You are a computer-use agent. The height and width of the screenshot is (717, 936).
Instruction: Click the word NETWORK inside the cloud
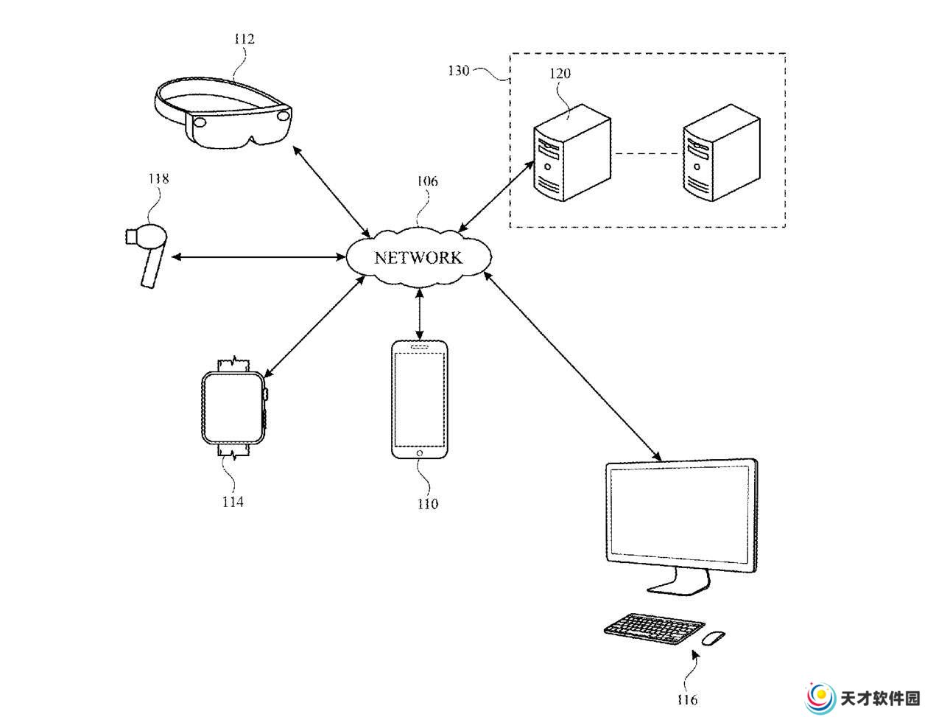418,258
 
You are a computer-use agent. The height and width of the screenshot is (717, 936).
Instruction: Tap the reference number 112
244,39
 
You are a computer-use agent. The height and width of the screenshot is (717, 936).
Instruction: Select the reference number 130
458,71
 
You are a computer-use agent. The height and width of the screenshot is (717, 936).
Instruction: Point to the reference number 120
560,74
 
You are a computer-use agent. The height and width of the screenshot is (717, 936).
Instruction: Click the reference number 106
427,181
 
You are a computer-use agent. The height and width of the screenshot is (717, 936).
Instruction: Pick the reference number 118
158,179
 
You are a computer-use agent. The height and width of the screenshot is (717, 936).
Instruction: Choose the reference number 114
233,502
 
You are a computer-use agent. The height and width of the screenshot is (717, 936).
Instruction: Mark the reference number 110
427,504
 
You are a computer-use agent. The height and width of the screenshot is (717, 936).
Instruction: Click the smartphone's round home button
419,453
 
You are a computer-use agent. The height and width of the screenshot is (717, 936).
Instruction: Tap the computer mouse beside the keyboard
714,637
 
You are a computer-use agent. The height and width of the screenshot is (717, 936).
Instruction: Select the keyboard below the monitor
653,629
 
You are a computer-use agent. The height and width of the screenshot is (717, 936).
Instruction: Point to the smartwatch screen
233,408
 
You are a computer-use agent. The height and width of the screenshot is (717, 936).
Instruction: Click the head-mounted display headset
222,113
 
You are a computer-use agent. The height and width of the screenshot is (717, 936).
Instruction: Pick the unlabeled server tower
722,153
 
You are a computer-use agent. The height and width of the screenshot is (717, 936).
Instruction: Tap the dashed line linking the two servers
647,153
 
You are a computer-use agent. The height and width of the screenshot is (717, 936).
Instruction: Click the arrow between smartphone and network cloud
419,315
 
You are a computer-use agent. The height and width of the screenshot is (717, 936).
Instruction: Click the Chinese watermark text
879,699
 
